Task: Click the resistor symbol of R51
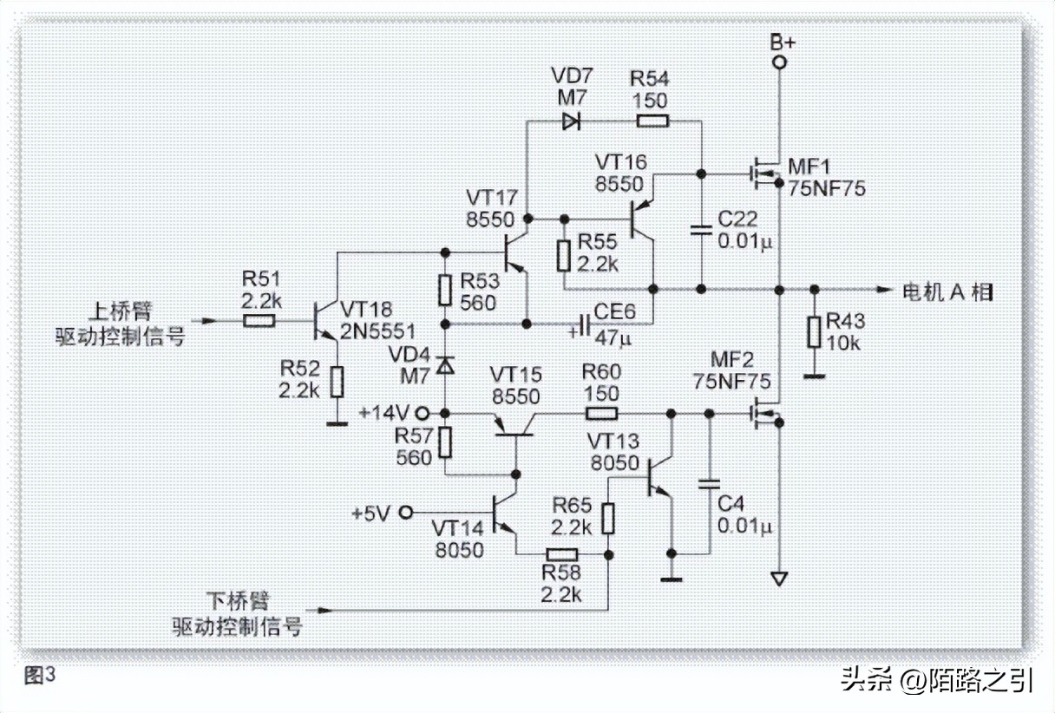coord(260,321)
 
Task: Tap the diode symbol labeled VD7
coord(570,121)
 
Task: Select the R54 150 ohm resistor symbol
coord(651,121)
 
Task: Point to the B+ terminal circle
coord(778,62)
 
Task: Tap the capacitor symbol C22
coord(701,231)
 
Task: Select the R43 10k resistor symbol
coord(813,332)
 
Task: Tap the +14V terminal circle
coord(424,413)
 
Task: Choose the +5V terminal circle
coord(405,513)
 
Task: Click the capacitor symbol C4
coord(710,481)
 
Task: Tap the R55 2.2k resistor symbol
coord(564,255)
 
